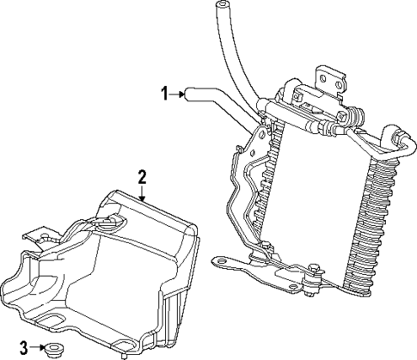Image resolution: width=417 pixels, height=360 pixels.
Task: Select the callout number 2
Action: pyautogui.click(x=143, y=177)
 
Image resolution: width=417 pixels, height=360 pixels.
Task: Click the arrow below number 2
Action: pyautogui.click(x=144, y=194)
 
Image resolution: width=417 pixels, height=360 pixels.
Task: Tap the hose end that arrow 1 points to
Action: pyautogui.click(x=193, y=93)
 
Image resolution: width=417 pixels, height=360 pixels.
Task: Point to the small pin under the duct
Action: pyautogui.click(x=125, y=353)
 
